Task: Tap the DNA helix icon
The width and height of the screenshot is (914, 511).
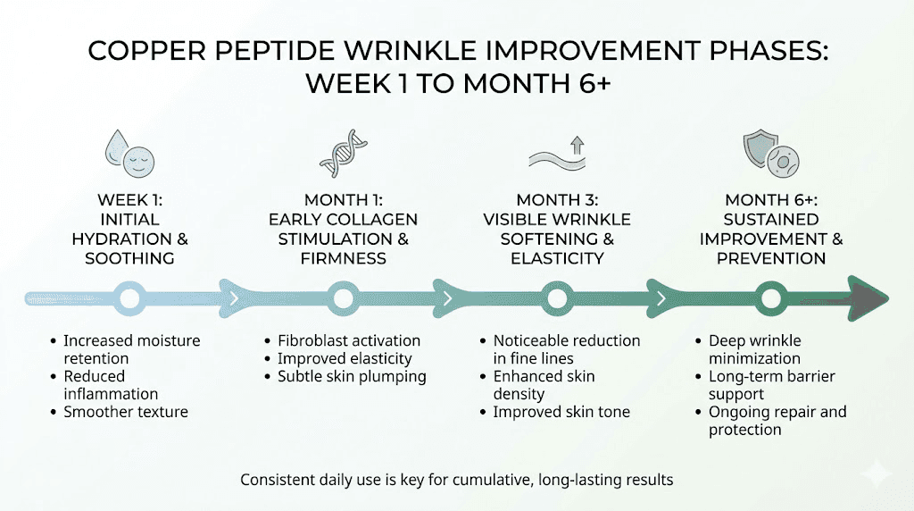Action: (x=344, y=153)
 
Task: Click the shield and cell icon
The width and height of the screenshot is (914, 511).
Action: (x=770, y=153)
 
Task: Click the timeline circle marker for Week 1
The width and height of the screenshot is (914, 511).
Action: (x=130, y=297)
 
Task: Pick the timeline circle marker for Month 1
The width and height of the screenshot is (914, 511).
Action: (x=344, y=297)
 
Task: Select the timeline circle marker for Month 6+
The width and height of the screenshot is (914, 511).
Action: (x=770, y=297)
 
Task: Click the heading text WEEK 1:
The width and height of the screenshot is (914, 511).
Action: (x=130, y=200)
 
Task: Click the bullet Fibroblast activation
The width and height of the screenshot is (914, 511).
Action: (x=349, y=340)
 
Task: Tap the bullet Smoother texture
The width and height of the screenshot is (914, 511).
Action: (x=126, y=412)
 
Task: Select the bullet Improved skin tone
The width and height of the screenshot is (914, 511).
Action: (x=561, y=412)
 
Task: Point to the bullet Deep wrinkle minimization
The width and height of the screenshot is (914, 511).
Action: (x=755, y=349)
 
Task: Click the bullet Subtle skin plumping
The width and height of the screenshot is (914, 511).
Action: (x=352, y=376)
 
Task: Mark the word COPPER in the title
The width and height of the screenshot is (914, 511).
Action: (x=142, y=52)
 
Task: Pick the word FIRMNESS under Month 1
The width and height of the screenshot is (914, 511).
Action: (x=344, y=258)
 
